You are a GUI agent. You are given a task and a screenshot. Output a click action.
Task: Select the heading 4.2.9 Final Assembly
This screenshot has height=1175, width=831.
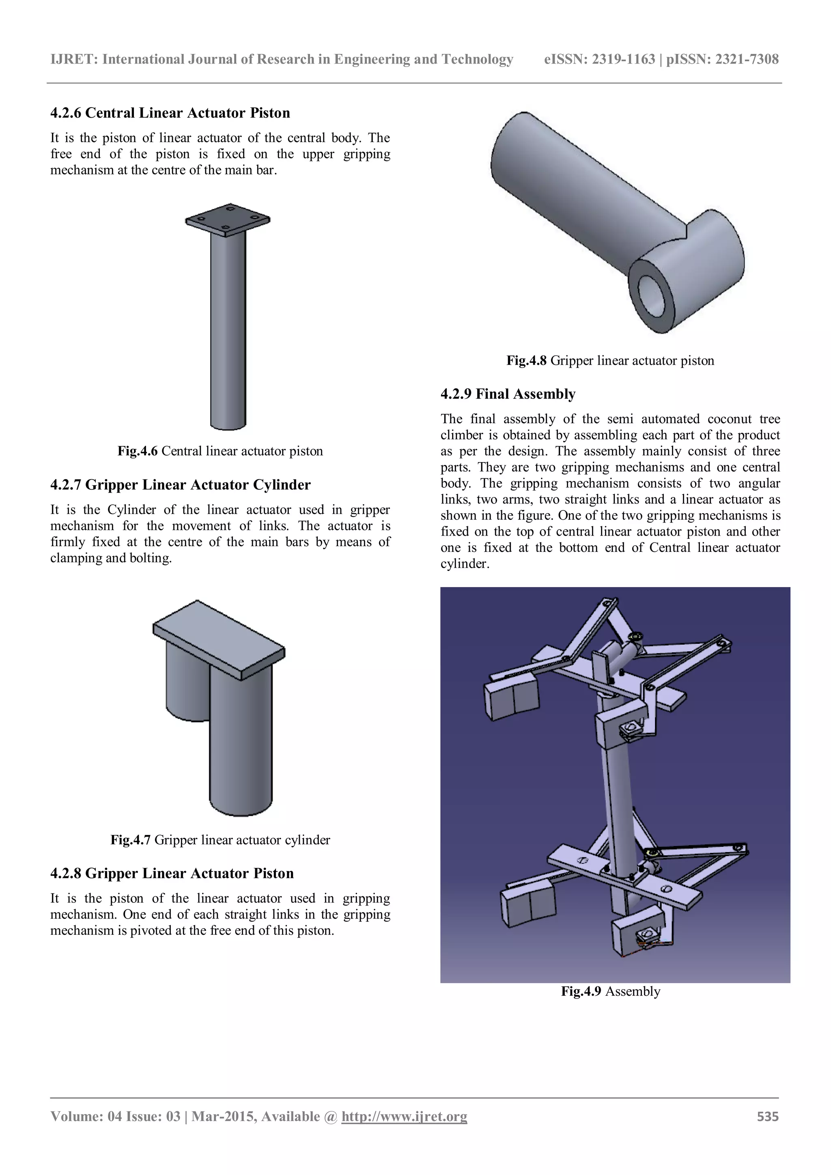508,394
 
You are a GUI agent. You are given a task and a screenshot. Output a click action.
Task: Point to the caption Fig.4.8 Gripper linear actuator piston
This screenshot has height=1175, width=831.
610,360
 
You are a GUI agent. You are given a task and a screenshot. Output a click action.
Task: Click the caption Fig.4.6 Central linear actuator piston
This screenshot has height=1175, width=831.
220,451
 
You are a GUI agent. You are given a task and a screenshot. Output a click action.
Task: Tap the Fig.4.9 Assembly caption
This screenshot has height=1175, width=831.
610,991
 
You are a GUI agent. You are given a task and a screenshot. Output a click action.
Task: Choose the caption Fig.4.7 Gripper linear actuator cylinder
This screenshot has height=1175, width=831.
220,840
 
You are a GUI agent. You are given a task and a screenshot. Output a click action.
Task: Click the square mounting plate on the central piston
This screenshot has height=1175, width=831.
228,220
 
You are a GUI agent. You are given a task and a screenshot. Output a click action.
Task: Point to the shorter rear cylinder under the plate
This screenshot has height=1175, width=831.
185,683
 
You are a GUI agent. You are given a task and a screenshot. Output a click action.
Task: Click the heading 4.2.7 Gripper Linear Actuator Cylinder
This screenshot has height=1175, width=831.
180,484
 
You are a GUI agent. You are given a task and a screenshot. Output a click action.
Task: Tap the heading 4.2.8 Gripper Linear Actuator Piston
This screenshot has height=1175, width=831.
172,873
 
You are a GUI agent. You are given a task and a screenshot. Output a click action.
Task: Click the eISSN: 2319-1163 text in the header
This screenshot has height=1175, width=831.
599,59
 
